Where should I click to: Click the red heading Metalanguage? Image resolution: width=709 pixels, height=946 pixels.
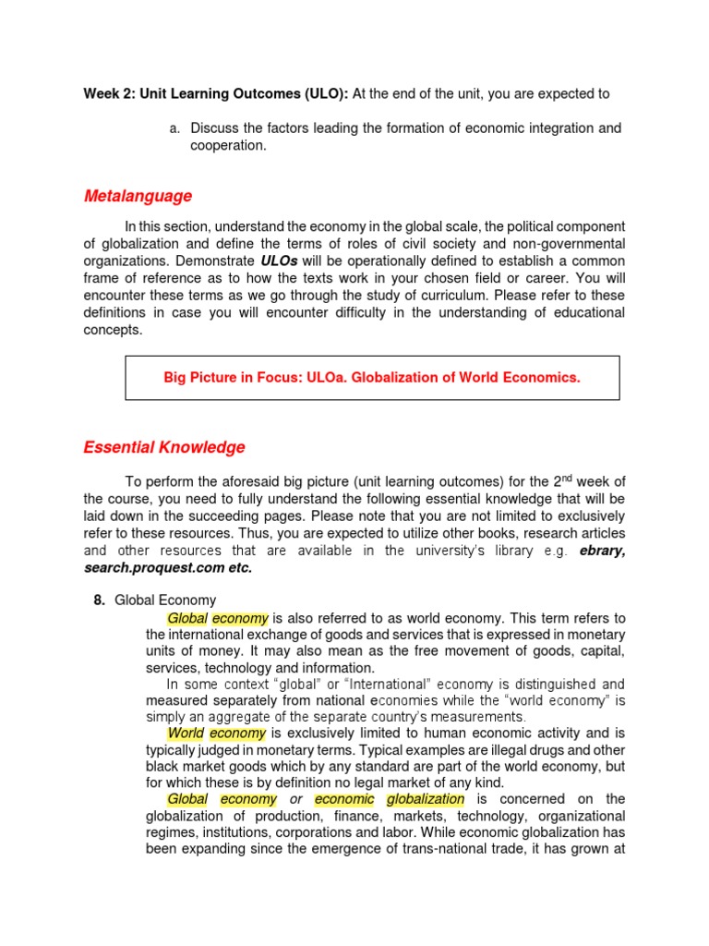coord(138,196)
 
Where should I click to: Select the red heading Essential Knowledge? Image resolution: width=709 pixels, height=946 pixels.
coord(164,447)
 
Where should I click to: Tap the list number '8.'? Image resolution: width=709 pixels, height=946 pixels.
coord(100,600)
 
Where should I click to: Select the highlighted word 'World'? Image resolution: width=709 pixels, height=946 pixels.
coord(186,733)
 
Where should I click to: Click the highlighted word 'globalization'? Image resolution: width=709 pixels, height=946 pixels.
coord(426,798)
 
